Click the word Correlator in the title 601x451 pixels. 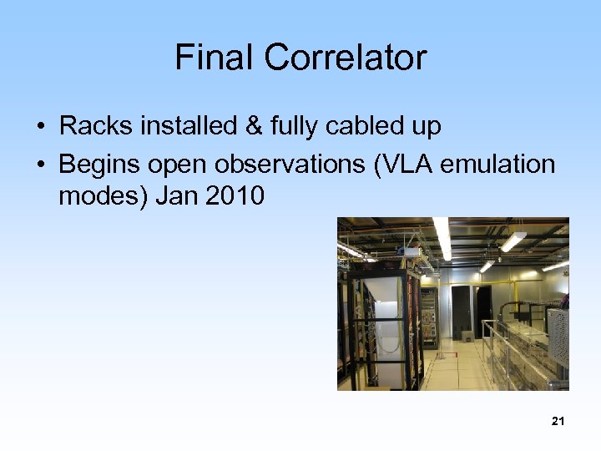[x=346, y=58]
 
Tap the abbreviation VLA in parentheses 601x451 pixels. [x=404, y=165]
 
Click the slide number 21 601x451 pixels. [x=558, y=422]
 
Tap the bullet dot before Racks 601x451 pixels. [x=40, y=128]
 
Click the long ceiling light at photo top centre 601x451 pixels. [x=442, y=237]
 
